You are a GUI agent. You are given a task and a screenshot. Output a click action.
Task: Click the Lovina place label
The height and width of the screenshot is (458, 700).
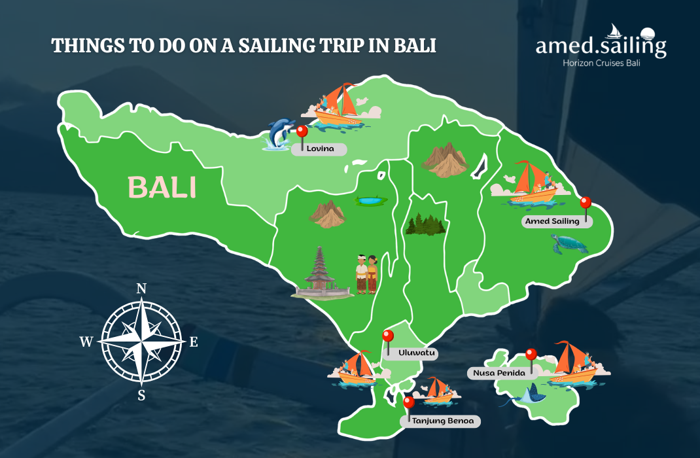pyautogui.click(x=321, y=149)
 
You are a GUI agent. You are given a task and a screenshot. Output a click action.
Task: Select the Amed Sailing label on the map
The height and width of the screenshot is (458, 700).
pyautogui.click(x=553, y=221)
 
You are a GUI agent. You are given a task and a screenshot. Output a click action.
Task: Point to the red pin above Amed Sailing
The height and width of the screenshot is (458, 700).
pyautogui.click(x=586, y=203)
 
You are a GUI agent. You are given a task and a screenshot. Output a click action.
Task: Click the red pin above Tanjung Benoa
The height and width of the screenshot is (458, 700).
pyautogui.click(x=409, y=402)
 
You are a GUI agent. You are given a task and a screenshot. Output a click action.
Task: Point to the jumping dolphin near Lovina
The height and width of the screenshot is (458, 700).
pyautogui.click(x=281, y=133)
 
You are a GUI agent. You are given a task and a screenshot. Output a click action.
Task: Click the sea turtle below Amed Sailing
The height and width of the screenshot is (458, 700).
pyautogui.click(x=569, y=245)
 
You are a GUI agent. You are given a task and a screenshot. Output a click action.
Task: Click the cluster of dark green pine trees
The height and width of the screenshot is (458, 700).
pyautogui.click(x=425, y=224)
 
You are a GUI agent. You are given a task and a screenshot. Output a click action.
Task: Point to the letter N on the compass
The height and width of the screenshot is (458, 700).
pyautogui.click(x=141, y=289)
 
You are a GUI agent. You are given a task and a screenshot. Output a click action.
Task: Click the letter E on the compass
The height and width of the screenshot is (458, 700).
pyautogui.click(x=194, y=342)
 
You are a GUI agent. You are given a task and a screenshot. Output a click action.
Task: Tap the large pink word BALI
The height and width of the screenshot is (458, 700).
pyautogui.click(x=162, y=187)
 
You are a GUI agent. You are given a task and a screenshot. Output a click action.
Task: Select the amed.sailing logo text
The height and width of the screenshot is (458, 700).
pyautogui.click(x=601, y=46)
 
